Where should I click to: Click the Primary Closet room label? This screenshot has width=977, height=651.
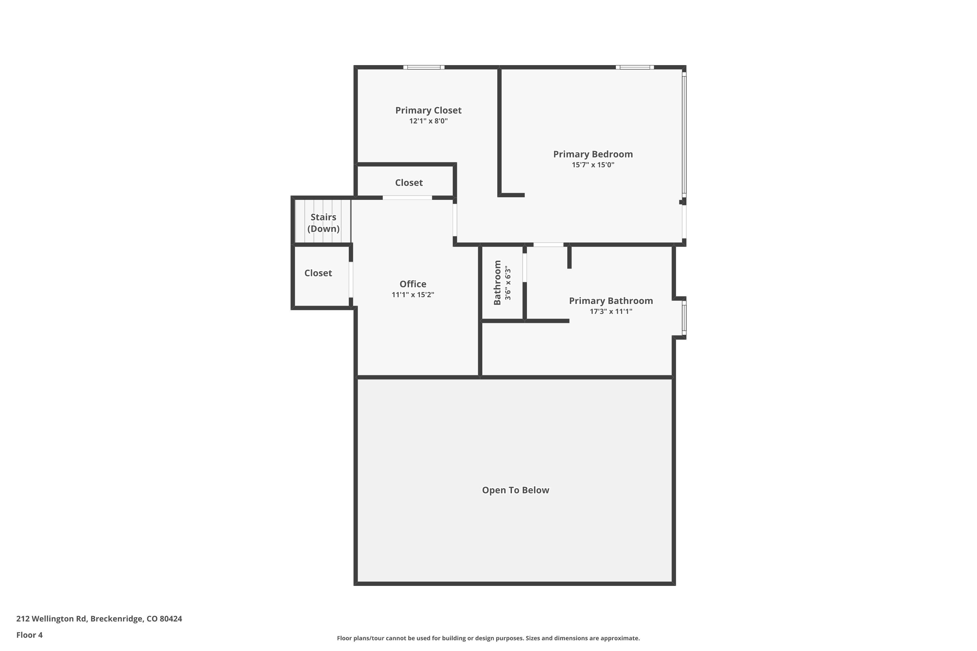click(428, 110)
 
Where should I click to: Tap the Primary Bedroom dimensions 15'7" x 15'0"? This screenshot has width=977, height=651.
click(593, 165)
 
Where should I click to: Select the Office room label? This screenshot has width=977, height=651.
click(413, 284)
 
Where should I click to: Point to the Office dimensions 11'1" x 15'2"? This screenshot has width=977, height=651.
click(413, 295)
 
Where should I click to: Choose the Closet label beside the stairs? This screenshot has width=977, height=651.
click(318, 273)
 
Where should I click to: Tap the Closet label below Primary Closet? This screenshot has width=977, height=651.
click(409, 183)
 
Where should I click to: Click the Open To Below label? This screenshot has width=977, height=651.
click(516, 490)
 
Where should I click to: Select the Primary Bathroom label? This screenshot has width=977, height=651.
click(611, 301)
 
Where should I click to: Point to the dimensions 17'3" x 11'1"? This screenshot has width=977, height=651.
click(611, 312)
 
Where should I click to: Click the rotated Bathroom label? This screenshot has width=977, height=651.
click(497, 283)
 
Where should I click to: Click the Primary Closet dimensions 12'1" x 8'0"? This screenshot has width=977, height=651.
click(428, 121)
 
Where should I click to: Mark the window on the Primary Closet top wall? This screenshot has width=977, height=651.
click(424, 67)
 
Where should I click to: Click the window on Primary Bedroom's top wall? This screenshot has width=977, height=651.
click(635, 67)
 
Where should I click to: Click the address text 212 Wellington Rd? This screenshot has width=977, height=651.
click(51, 619)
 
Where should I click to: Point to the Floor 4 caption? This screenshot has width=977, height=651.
click(30, 635)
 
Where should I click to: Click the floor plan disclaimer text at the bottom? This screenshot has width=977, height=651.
click(488, 638)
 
